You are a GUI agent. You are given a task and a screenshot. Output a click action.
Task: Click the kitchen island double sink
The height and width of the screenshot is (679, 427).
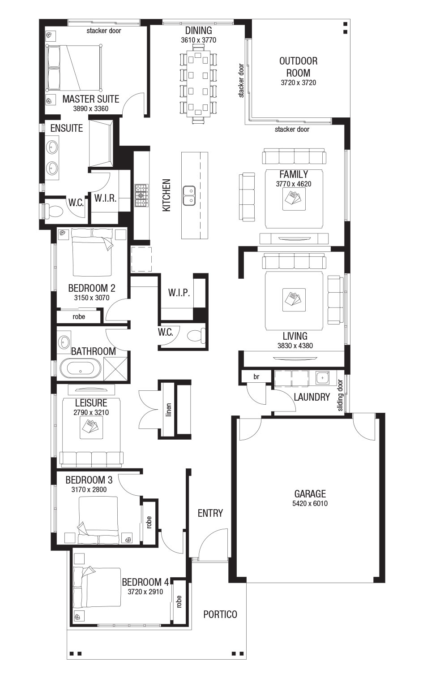(x=189, y=195)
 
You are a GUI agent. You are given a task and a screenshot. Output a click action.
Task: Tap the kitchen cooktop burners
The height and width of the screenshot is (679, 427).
(x=141, y=195)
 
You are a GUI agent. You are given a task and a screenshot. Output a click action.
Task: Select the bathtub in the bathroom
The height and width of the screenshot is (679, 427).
(x=81, y=368)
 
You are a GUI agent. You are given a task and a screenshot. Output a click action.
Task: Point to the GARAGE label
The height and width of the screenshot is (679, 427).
(x=310, y=494)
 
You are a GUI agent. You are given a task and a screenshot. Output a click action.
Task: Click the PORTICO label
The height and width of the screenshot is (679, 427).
(x=220, y=614)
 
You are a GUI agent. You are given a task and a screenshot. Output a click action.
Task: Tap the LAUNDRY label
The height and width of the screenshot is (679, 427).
(x=312, y=397)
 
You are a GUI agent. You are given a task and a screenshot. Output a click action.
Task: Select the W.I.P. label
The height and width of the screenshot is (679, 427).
(x=179, y=293)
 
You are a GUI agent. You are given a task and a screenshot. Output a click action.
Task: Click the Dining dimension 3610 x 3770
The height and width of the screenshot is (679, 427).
(x=199, y=40)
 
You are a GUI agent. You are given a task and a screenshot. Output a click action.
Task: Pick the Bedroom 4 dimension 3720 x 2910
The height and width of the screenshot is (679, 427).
(x=145, y=592)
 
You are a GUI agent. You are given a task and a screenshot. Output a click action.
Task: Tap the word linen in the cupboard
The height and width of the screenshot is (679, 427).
(x=169, y=410)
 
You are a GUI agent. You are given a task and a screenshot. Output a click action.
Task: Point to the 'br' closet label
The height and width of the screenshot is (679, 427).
(x=256, y=376)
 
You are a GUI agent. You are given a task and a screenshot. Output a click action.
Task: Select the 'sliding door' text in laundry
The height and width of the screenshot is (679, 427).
(x=341, y=395)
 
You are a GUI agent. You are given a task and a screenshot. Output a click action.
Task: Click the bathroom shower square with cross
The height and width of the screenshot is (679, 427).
(x=115, y=369)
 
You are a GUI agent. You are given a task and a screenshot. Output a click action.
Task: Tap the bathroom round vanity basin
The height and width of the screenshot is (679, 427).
(x=64, y=342)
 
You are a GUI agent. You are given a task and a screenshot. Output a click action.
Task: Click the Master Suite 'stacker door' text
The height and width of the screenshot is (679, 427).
(x=104, y=30)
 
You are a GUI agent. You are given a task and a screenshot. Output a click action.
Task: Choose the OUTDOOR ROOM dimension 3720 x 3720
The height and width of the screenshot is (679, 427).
(x=299, y=83)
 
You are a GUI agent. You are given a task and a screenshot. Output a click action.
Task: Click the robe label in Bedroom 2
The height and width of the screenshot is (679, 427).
(x=79, y=317)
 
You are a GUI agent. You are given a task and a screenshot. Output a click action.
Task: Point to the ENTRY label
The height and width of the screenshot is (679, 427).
(x=210, y=513)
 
